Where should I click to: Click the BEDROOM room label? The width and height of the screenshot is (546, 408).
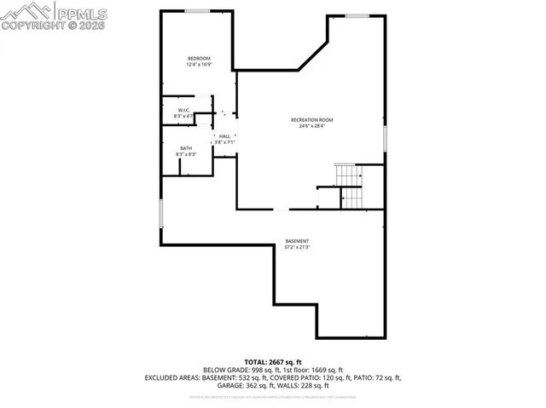[199, 58]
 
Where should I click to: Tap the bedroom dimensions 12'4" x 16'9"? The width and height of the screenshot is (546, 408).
[199, 64]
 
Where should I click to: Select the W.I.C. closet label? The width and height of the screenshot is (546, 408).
[183, 110]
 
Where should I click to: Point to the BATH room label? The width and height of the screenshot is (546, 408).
[185, 148]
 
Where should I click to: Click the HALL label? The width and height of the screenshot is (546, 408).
[224, 136]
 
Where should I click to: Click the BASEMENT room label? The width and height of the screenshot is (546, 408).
[297, 241]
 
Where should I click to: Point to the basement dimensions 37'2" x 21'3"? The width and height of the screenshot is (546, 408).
[297, 247]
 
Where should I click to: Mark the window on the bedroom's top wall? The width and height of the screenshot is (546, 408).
[198, 10]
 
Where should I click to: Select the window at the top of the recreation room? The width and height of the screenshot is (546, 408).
[357, 15]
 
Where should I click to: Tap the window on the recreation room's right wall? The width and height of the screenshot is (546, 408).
[384, 137]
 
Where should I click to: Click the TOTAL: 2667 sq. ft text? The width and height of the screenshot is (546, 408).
[273, 362]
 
